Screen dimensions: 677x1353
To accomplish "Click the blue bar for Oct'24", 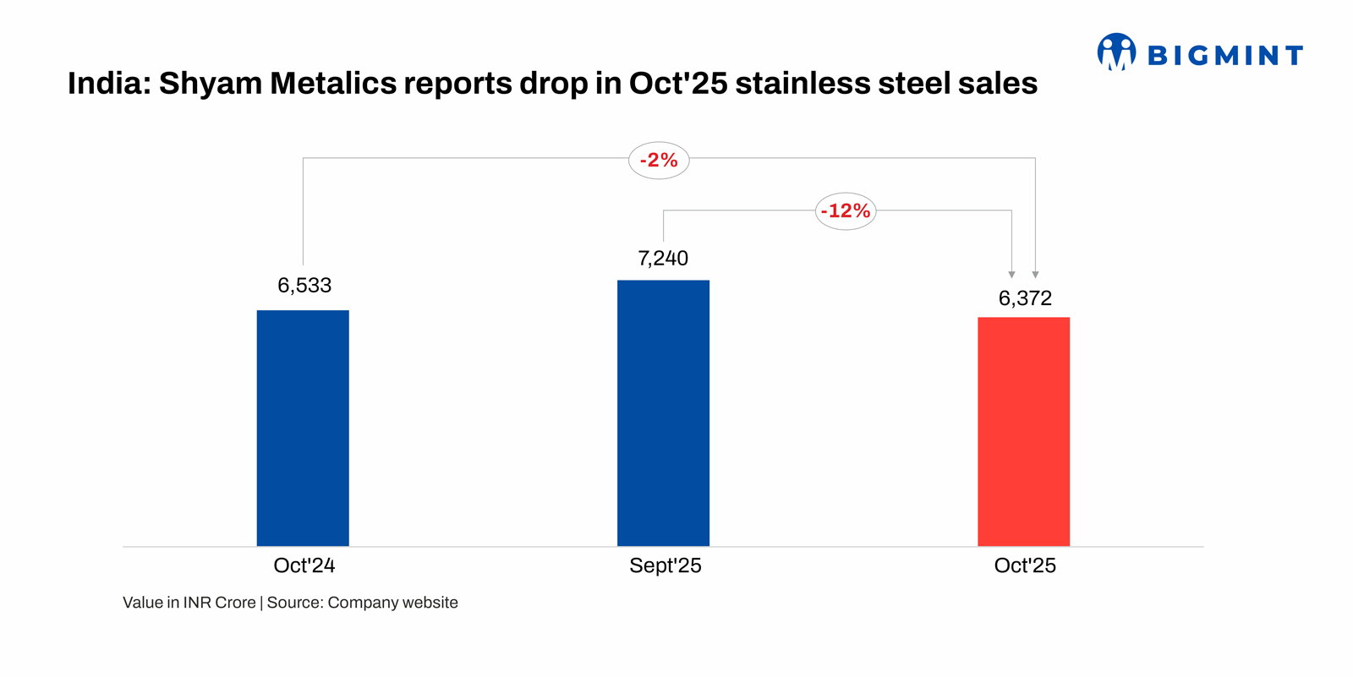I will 303,428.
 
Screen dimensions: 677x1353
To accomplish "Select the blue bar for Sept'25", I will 663,412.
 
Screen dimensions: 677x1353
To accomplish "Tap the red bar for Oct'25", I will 1023,431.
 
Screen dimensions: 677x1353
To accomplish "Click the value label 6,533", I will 304,286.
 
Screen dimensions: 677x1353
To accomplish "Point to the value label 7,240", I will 663,259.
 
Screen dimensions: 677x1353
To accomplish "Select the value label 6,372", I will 1025,298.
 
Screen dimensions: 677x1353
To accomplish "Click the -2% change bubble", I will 659,161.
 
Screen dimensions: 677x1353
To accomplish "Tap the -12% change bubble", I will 846,211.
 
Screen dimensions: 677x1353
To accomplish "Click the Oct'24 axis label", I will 304,565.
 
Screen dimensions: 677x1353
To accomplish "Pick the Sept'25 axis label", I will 666,565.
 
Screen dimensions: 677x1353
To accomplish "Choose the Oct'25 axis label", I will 1025,565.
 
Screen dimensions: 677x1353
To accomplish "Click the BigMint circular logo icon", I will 1116,52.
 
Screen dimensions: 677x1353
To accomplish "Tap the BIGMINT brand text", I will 1225,56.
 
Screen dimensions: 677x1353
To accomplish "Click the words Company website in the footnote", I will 393,603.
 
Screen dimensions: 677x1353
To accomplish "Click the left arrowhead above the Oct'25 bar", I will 1011,275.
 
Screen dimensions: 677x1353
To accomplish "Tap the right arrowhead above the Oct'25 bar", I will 1035,275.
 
